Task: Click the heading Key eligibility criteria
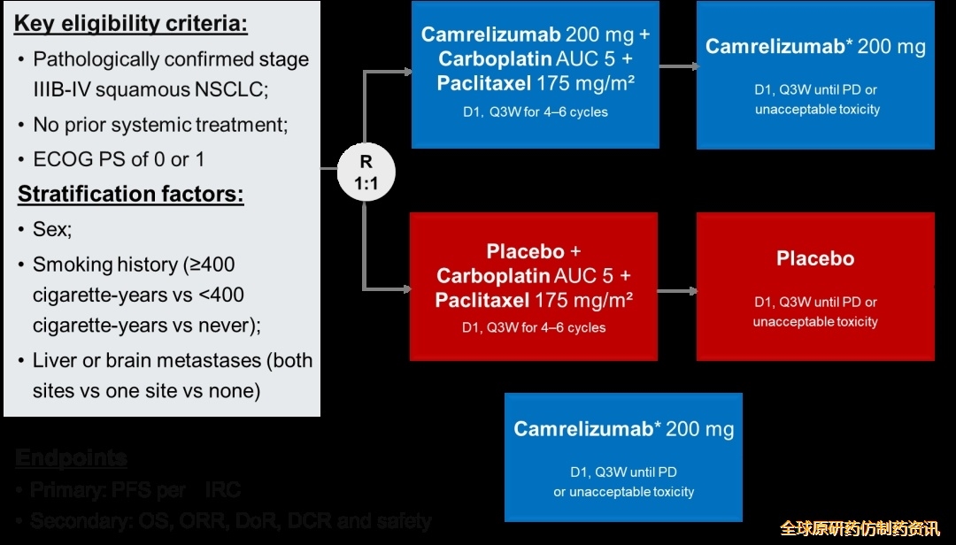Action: pyautogui.click(x=131, y=24)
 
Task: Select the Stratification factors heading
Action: pyautogui.click(x=130, y=194)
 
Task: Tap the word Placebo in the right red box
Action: pyautogui.click(x=815, y=259)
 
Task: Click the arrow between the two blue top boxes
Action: pyautogui.click(x=677, y=67)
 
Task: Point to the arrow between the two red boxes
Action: pyautogui.click(x=677, y=290)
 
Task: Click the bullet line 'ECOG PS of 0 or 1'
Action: pyautogui.click(x=119, y=160)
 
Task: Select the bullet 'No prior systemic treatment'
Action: pyautogui.click(x=160, y=125)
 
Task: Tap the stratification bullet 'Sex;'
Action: pyautogui.click(x=52, y=229)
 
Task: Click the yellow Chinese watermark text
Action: pyautogui.click(x=859, y=528)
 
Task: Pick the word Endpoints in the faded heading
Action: pyautogui.click(x=71, y=458)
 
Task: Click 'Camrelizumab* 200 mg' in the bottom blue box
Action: pyautogui.click(x=624, y=429)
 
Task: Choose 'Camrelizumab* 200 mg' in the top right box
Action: pyautogui.click(x=815, y=47)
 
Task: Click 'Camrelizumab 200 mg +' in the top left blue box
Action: pyautogui.click(x=536, y=35)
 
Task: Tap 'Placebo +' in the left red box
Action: pyautogui.click(x=534, y=251)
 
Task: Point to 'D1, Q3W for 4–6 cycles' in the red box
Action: pyautogui.click(x=534, y=327)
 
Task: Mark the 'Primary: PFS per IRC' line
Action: pyautogui.click(x=135, y=490)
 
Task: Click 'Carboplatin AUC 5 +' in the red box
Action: pyautogui.click(x=534, y=276)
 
